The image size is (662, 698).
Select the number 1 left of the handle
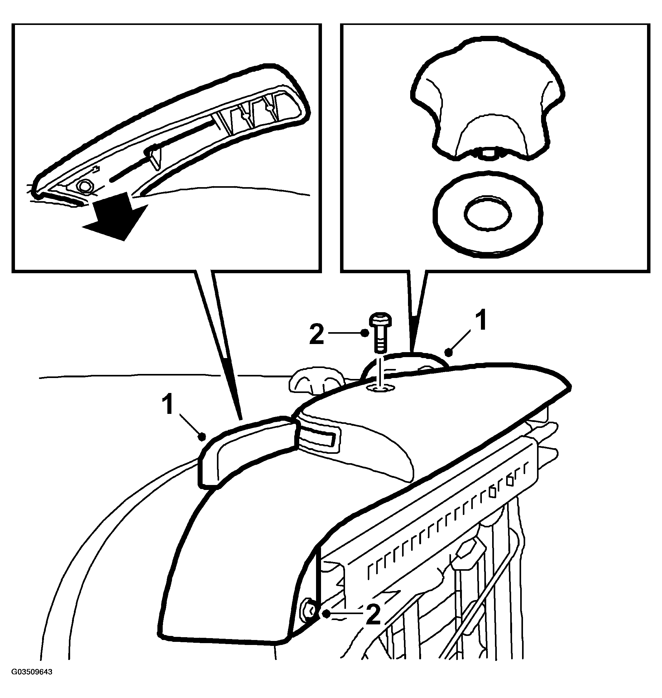coord(168,405)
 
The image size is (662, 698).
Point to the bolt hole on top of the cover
coord(381,388)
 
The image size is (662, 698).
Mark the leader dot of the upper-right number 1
coord(449,351)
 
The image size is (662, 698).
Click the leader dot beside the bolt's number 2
coord(366,332)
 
